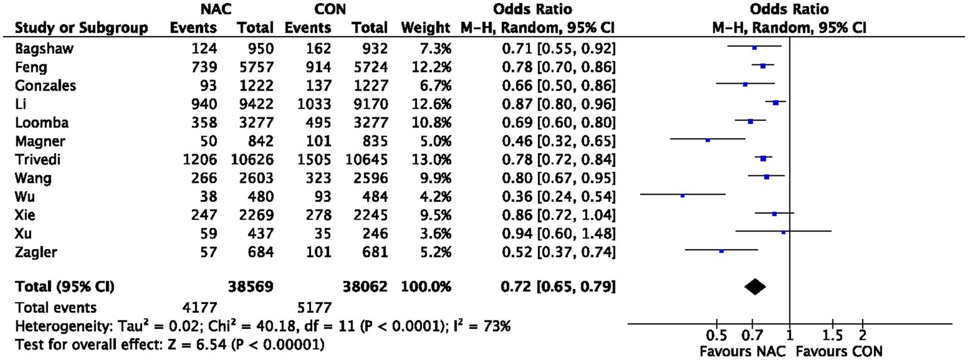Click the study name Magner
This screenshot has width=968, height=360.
[x=36, y=140]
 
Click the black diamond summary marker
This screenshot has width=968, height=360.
[x=755, y=287]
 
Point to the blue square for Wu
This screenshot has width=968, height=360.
[x=682, y=195]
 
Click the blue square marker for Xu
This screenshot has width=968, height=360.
[x=783, y=233]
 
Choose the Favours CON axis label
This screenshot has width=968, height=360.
[x=831, y=350]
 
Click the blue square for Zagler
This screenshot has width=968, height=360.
[x=721, y=251]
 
